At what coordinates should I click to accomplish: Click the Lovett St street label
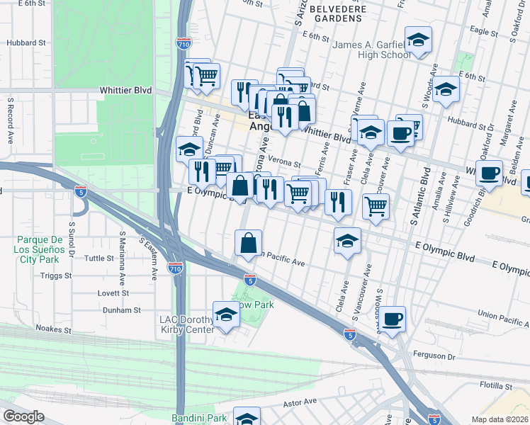[x=114, y=293]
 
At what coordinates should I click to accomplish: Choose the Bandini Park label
[x=196, y=419]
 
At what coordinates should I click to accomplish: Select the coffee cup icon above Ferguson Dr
[x=392, y=319]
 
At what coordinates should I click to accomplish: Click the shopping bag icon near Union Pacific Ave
[x=249, y=243]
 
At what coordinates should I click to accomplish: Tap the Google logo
[x=24, y=417]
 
